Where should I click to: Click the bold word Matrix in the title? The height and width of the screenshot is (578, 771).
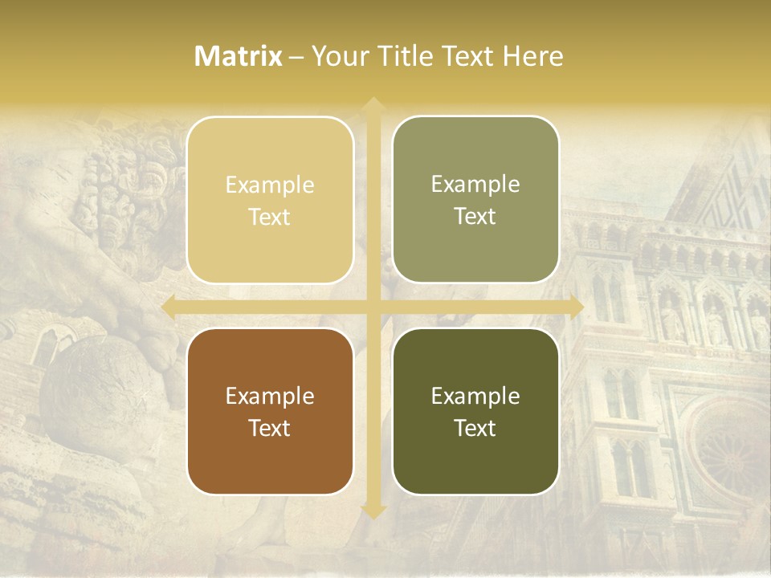239,56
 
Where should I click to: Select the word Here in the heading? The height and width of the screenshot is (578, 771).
532,56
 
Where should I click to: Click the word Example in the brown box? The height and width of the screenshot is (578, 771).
270,397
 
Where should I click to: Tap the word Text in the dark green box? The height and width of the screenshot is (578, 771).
475,429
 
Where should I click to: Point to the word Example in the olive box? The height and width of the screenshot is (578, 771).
475,185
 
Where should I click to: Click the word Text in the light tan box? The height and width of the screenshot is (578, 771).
270,218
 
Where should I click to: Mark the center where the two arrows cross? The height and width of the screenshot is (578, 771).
373,307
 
